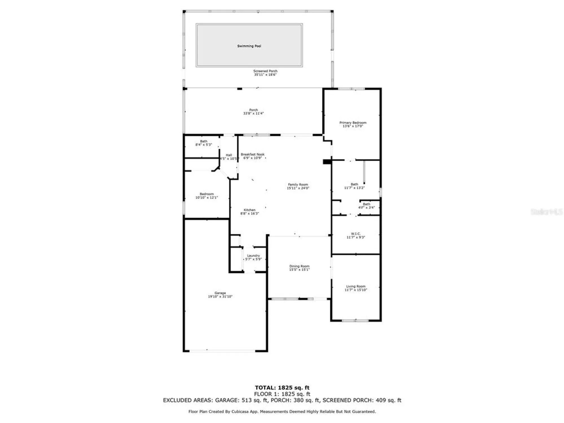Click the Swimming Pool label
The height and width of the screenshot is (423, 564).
click(x=249, y=46)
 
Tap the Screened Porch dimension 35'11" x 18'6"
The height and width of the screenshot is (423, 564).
click(x=265, y=75)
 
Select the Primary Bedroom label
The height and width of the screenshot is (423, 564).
click(x=353, y=123)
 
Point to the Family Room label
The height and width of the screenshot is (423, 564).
click(x=298, y=184)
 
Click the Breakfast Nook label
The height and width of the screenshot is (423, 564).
click(x=252, y=155)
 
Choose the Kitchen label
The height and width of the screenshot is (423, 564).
click(x=249, y=210)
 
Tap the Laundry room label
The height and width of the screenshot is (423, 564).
click(x=253, y=255)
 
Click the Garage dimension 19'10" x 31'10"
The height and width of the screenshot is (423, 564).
click(x=220, y=297)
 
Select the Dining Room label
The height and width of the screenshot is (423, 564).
click(x=299, y=266)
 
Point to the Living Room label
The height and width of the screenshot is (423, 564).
click(x=356, y=286)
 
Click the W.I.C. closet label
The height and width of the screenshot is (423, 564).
click(x=356, y=234)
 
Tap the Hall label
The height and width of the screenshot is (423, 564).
click(x=229, y=155)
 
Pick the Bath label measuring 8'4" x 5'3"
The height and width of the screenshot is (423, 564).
click(x=204, y=141)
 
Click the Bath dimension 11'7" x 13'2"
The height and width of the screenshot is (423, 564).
click(x=354, y=188)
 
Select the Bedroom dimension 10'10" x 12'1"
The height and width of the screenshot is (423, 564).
click(x=206, y=198)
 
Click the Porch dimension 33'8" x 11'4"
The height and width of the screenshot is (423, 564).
click(x=253, y=113)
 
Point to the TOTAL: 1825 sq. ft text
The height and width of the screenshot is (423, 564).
click(x=282, y=388)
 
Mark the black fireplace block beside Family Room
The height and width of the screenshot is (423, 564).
click(x=327, y=162)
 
